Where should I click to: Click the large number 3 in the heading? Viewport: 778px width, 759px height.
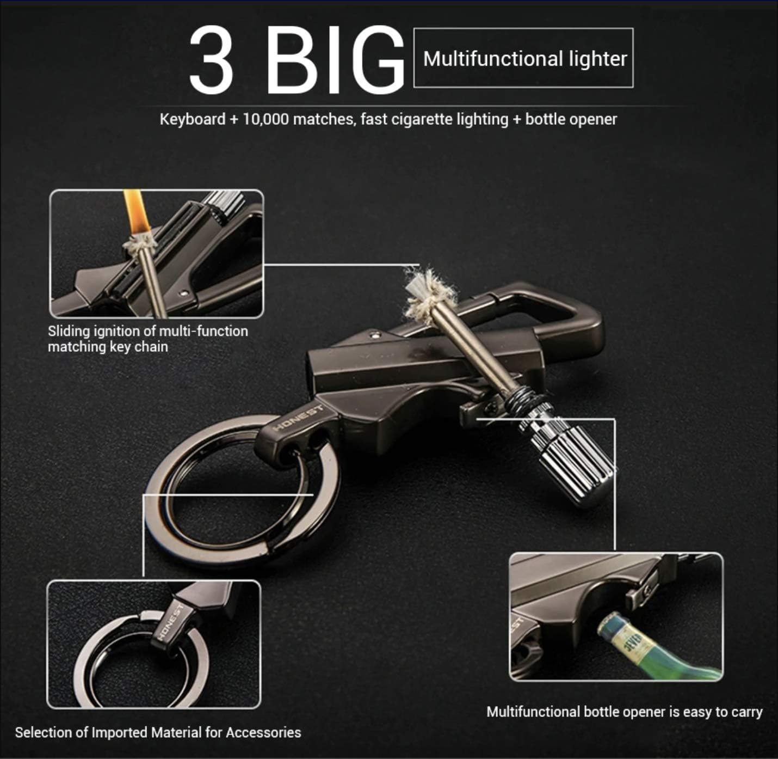click(x=212, y=60)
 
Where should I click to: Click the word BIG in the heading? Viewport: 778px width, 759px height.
click(x=336, y=60)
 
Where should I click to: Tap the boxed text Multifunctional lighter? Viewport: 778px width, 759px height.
click(x=524, y=59)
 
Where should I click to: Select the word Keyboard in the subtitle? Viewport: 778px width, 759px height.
click(x=193, y=119)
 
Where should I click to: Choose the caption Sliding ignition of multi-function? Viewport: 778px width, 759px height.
click(x=147, y=331)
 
